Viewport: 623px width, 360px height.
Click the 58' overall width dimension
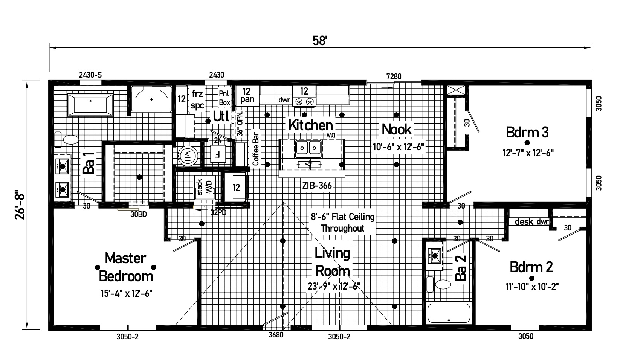(x=320, y=41)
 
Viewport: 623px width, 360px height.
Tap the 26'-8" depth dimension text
(x=20, y=205)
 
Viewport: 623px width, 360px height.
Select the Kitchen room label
(x=310, y=125)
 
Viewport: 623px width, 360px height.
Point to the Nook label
(x=396, y=129)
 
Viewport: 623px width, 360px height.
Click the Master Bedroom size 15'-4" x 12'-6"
(x=127, y=293)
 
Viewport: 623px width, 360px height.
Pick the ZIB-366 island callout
(x=317, y=185)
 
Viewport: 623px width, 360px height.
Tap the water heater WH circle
(x=188, y=156)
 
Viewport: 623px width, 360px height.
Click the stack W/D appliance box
(x=205, y=187)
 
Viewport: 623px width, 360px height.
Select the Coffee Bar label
(x=256, y=149)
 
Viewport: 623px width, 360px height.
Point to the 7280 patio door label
(x=394, y=76)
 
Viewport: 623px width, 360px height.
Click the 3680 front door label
(x=276, y=335)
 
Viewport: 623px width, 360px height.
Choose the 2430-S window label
(x=90, y=75)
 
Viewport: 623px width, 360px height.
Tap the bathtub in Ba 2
(x=449, y=313)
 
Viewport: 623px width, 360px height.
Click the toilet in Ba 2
(x=438, y=284)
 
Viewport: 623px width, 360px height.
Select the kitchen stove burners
(x=304, y=101)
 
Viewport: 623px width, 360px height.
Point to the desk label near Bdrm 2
(x=524, y=221)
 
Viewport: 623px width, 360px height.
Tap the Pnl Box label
(x=224, y=98)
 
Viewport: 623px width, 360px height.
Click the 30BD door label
(x=139, y=214)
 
